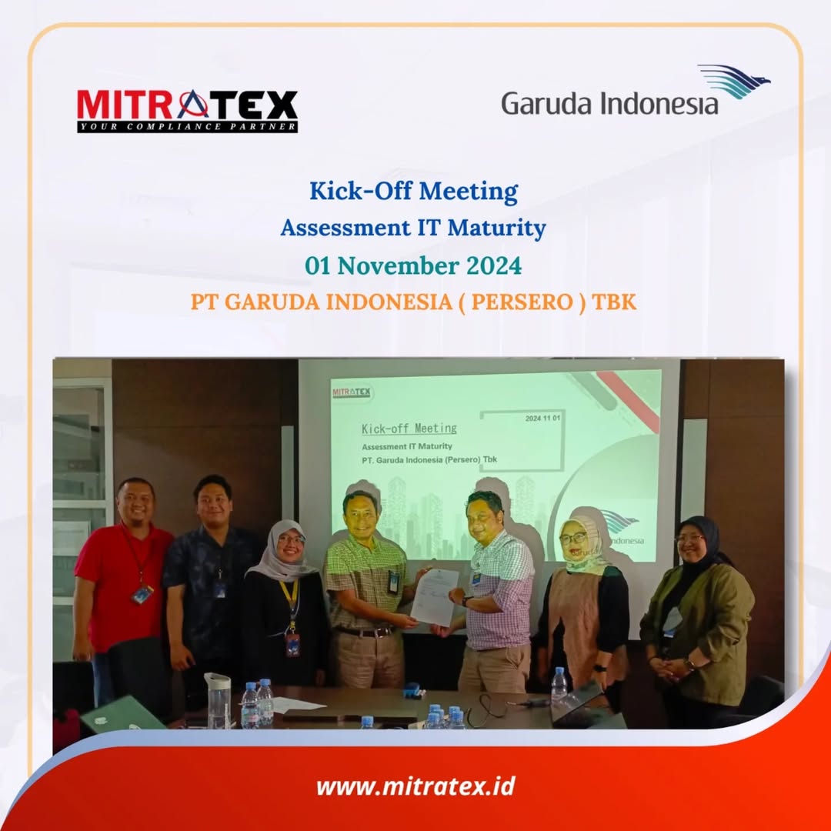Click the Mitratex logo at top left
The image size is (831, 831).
(x=187, y=111)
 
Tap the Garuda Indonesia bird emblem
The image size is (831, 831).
(x=735, y=81)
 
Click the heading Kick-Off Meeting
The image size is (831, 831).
(x=413, y=192)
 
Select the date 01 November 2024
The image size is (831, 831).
(x=413, y=265)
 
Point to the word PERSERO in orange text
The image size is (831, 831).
(x=522, y=302)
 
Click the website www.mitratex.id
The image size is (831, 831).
(x=415, y=786)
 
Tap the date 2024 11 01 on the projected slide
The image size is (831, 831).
(x=542, y=418)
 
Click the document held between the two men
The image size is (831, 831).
(x=434, y=597)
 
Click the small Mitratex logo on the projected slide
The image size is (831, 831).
(x=352, y=392)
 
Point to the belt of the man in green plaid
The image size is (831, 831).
(x=365, y=632)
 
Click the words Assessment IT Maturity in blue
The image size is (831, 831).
(x=413, y=228)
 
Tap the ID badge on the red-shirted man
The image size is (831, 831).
(x=142, y=595)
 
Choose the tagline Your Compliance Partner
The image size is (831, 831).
(x=187, y=127)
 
